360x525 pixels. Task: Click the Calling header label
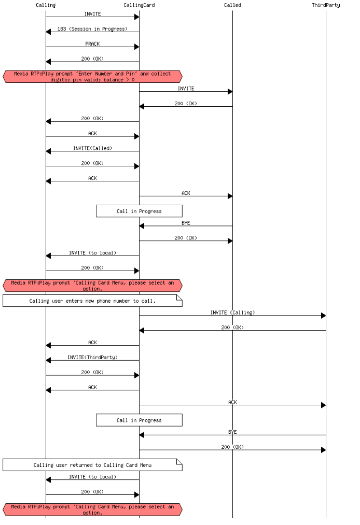tap(46, 5)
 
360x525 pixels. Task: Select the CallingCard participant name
tap(139, 5)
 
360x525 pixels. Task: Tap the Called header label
tap(232, 5)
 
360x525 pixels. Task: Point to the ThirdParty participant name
tap(326, 5)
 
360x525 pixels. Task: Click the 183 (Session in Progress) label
tap(92, 29)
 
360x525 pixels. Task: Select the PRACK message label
tap(92, 44)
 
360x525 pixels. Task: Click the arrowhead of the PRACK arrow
tap(136, 47)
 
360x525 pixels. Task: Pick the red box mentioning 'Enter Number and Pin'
tap(92, 77)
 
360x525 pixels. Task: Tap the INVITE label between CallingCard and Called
tap(186, 89)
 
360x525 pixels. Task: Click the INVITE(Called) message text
tap(92, 148)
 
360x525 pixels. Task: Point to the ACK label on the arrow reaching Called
tap(186, 193)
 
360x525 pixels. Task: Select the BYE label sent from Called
tap(186, 223)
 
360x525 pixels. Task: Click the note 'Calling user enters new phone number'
tap(92, 301)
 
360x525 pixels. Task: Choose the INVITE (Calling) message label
tap(232, 313)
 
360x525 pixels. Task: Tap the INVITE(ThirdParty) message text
tap(92, 357)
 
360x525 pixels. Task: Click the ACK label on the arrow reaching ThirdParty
tap(232, 402)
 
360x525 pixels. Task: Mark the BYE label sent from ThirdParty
tap(232, 432)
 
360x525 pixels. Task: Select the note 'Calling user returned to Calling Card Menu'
tap(92, 465)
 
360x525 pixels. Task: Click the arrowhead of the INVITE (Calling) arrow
tap(323, 316)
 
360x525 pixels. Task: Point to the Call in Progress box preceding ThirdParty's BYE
tap(139, 420)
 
